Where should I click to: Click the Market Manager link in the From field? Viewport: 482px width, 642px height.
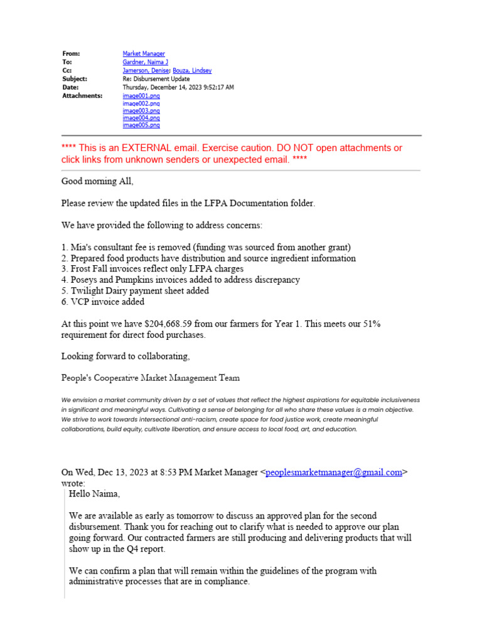(x=144, y=54)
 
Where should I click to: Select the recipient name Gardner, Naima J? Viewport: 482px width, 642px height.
(x=145, y=63)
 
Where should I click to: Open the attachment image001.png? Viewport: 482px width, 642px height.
(x=141, y=96)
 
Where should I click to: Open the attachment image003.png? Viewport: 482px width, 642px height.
(x=141, y=110)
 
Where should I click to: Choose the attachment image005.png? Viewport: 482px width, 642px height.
(x=141, y=125)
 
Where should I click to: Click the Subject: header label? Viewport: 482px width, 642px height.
(x=75, y=79)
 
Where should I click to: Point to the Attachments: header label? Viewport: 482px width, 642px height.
(x=82, y=96)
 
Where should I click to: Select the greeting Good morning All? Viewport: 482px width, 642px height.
(x=97, y=181)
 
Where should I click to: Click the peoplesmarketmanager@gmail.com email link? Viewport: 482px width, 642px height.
(x=334, y=473)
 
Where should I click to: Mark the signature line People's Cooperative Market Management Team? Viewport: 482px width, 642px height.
(x=150, y=378)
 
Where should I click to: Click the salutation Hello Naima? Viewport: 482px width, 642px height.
(x=94, y=494)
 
